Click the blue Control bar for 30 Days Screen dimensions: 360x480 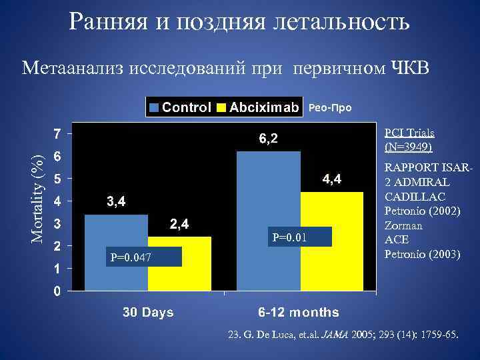[x=116, y=260]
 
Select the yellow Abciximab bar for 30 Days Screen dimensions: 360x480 [x=179, y=267]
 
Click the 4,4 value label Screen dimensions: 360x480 [x=332, y=179]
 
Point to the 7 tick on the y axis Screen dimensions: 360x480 [x=59, y=134]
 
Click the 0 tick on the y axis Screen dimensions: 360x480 [x=59, y=291]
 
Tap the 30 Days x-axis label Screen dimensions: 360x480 [x=147, y=311]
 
